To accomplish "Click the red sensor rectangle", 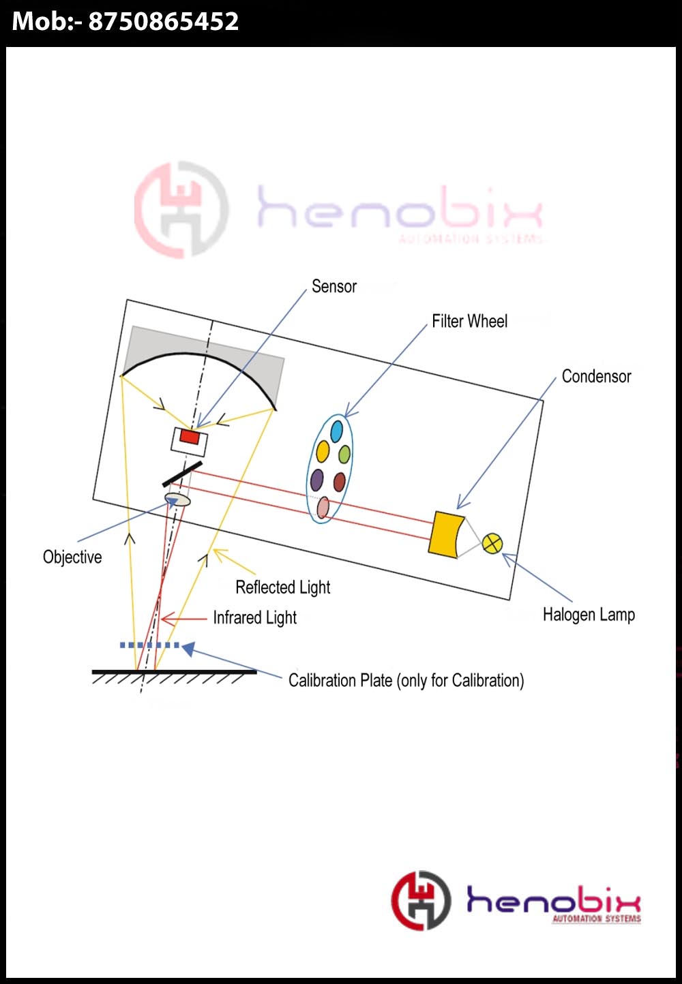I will point(189,437).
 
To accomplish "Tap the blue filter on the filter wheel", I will point(336,431).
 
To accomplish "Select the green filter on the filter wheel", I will point(344,454).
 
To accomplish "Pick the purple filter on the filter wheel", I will point(316,480).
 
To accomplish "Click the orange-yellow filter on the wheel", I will point(323,451).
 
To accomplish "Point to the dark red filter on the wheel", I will point(340,482).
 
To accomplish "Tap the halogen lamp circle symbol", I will point(492,543).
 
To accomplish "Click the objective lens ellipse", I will point(178,499).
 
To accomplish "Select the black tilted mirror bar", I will point(182,474).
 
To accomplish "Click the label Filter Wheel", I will point(469,321).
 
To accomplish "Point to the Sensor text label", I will point(334,286).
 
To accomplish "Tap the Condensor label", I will point(596,376).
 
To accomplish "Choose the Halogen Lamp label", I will point(589,615).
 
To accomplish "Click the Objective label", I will point(72,557).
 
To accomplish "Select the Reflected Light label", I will point(282,587).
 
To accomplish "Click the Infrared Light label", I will point(254,617).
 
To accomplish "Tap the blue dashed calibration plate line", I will point(149,645).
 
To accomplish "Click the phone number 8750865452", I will point(164,22).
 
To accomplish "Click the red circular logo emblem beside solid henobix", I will point(421,900).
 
